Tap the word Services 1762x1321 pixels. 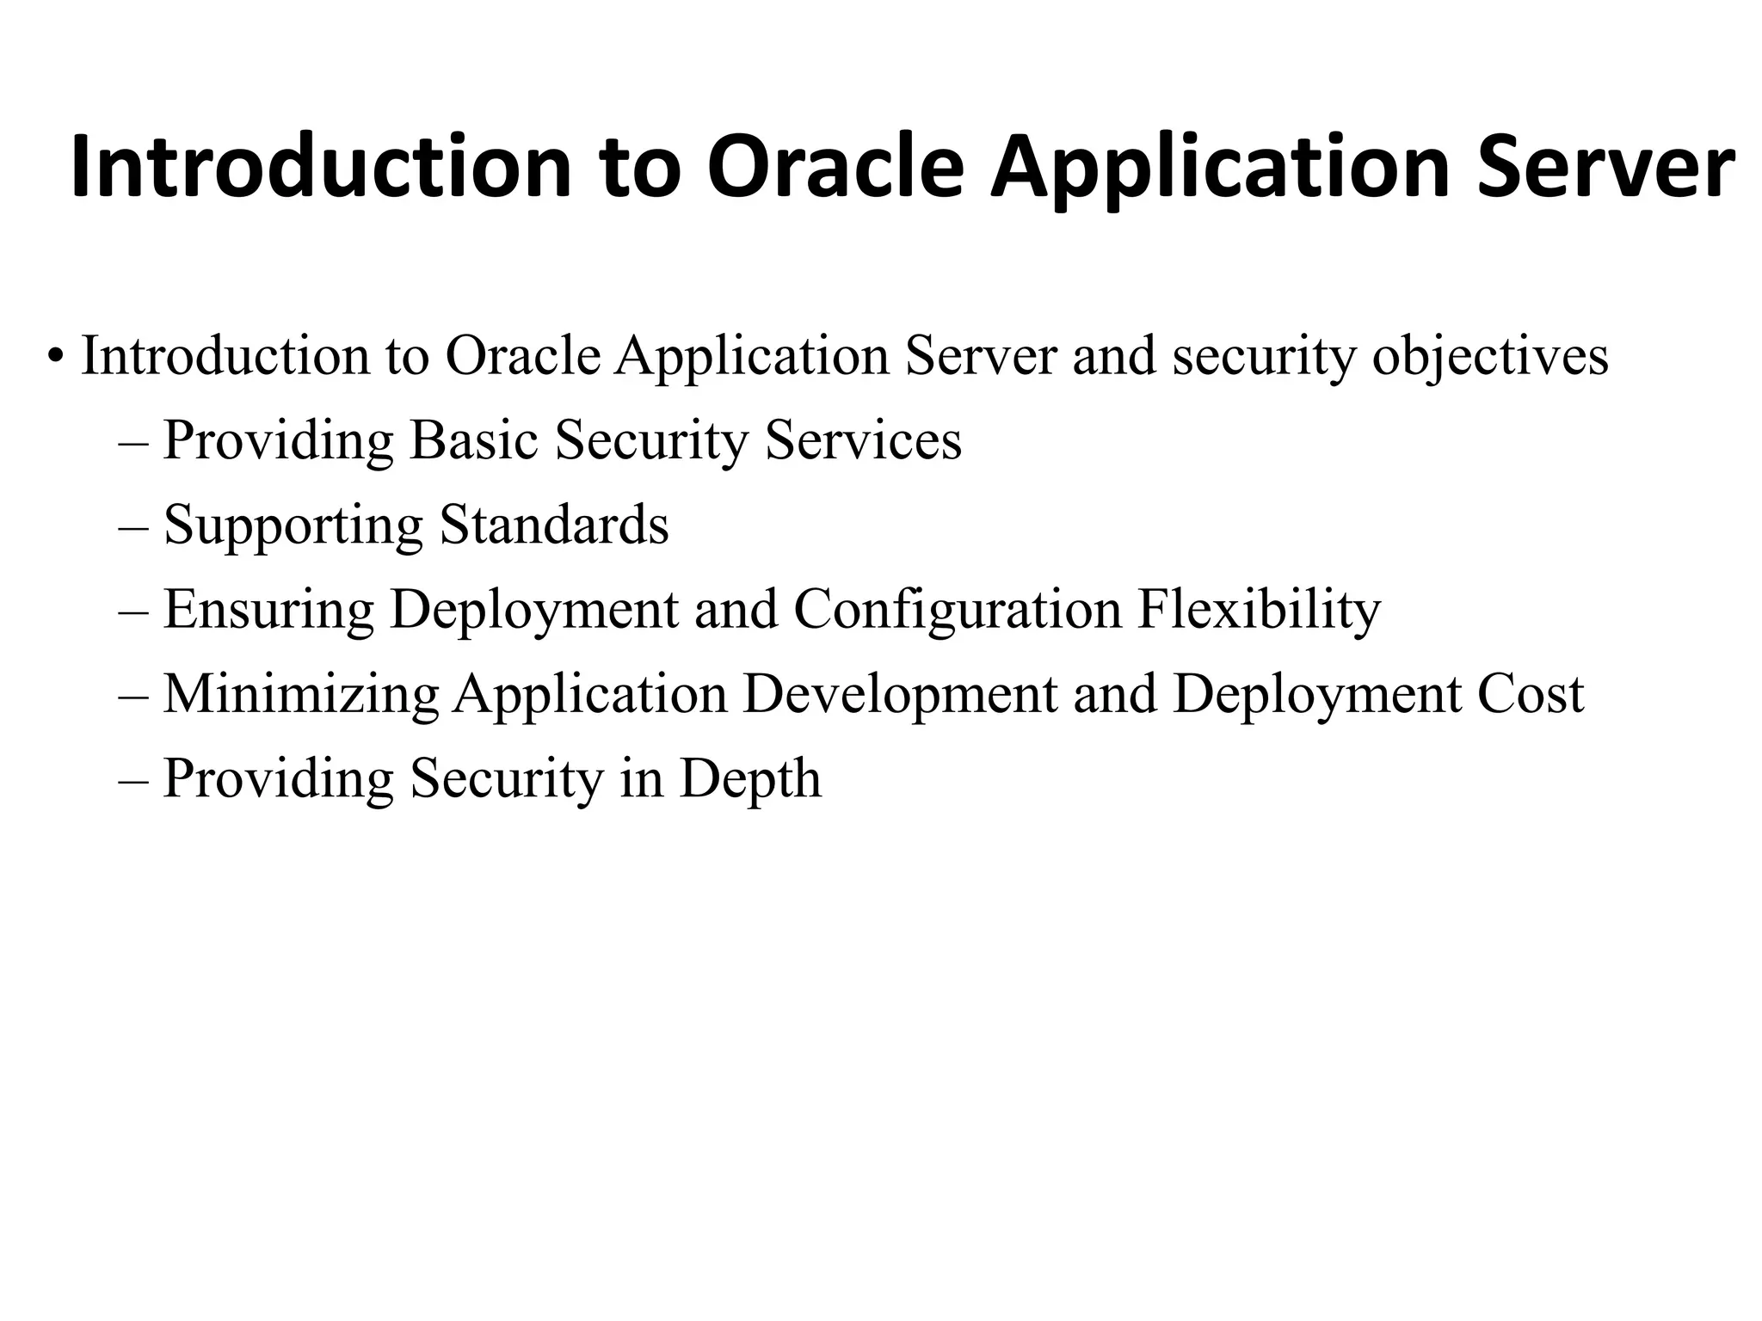(863, 440)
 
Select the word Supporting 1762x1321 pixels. (293, 526)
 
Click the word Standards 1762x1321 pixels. (554, 525)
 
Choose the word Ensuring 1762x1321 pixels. (268, 611)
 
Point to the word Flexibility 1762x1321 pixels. (1259, 611)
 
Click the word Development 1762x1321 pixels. (900, 695)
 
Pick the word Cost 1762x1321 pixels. (1531, 693)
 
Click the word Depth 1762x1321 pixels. (750, 779)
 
